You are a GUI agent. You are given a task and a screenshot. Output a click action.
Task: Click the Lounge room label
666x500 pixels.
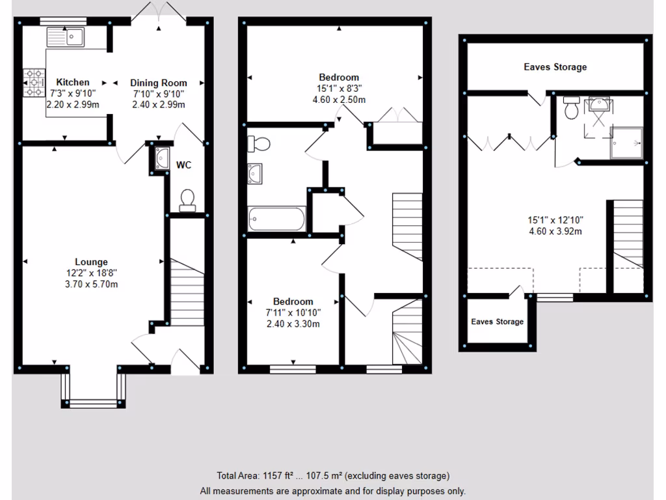pyautogui.click(x=91, y=262)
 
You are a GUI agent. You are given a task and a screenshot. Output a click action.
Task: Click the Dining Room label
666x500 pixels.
pyautogui.click(x=159, y=83)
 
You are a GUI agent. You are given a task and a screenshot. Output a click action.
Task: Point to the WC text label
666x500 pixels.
pyautogui.click(x=184, y=165)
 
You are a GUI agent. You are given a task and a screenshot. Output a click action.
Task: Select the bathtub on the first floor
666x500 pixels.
pyautogui.click(x=276, y=219)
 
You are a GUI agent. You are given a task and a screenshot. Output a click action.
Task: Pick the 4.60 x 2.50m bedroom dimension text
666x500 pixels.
pyautogui.click(x=338, y=100)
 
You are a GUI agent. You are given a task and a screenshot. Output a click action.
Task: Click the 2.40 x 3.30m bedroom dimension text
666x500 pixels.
pyautogui.click(x=293, y=324)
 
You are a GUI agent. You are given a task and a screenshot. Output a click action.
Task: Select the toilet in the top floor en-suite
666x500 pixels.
pyautogui.click(x=572, y=108)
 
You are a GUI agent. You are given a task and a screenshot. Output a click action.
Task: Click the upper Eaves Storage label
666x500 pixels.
pyautogui.click(x=555, y=67)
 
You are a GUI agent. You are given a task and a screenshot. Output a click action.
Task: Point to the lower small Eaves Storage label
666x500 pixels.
pyautogui.click(x=497, y=322)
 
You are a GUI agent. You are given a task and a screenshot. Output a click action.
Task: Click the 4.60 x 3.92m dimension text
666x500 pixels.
pyautogui.click(x=555, y=231)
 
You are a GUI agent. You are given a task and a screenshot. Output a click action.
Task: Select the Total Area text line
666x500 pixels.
pyautogui.click(x=332, y=476)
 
